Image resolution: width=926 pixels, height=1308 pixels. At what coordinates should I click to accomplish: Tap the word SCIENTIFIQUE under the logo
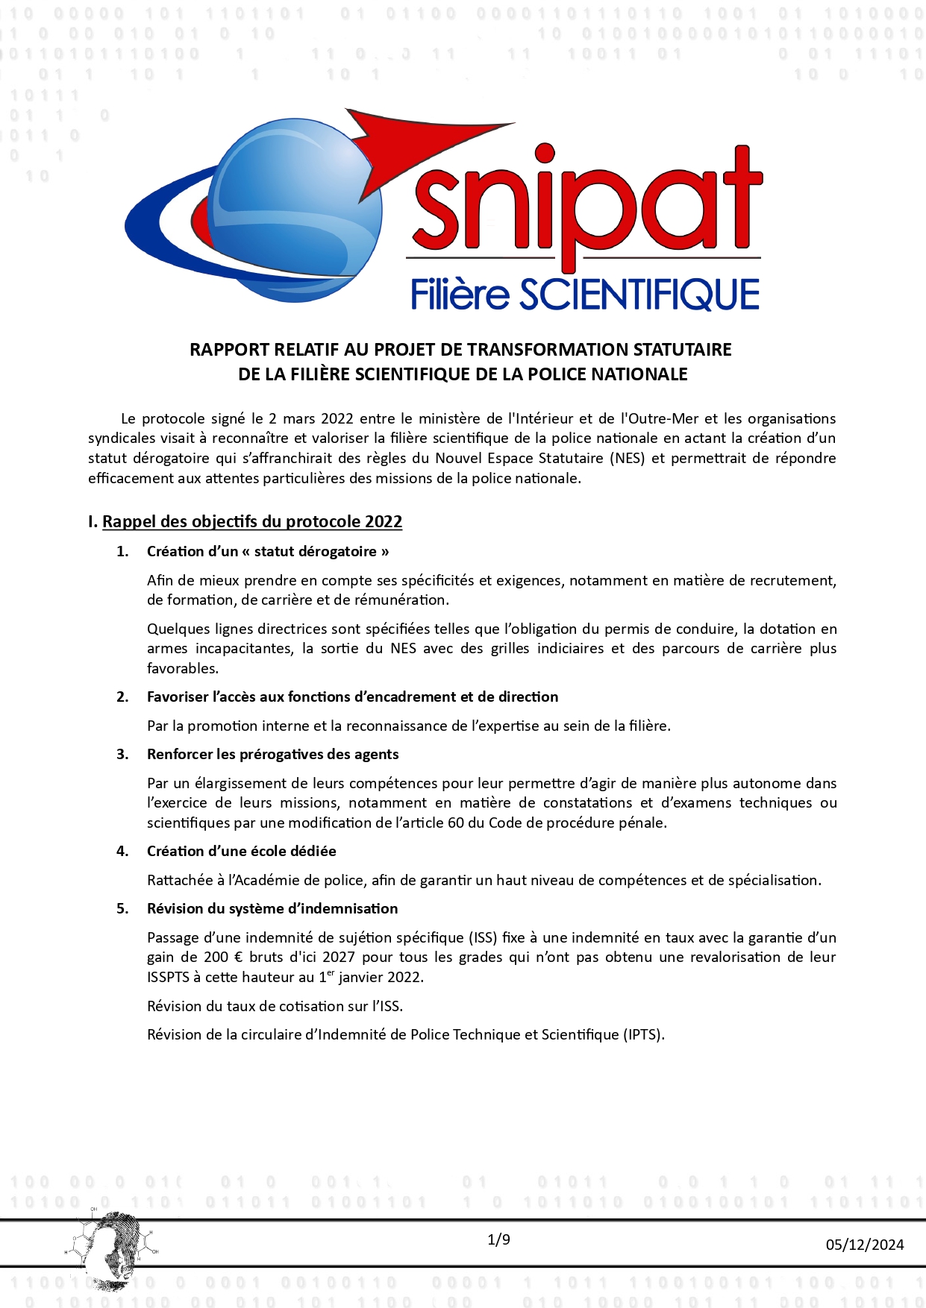coord(639,295)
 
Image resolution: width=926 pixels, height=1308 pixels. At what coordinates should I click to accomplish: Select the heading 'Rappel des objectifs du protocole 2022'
coord(252,521)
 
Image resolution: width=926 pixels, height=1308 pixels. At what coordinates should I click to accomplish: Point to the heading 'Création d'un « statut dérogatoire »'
coord(268,551)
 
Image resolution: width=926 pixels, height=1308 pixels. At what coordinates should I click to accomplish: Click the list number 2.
coord(122,697)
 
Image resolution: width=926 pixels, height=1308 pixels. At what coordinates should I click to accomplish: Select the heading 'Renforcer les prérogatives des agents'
coord(272,754)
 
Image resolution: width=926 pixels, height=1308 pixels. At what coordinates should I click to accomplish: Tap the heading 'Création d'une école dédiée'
coord(241,851)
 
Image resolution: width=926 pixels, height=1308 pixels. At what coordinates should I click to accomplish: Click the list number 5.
coord(122,908)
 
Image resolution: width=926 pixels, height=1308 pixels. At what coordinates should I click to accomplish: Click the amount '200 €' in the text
coord(224,957)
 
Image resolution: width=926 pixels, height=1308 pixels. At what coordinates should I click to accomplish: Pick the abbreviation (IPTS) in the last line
coord(643,1034)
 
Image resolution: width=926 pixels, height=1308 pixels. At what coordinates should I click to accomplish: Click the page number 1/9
coord(498,1239)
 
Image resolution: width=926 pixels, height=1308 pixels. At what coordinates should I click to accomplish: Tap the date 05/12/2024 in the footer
coord(864,1244)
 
